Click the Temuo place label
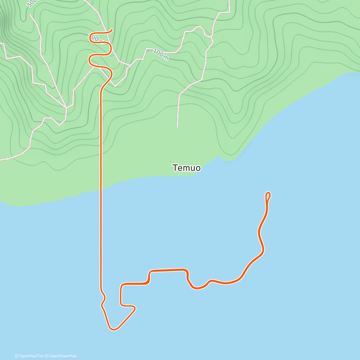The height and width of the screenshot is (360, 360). [186, 168]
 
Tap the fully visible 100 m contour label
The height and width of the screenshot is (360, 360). [161, 54]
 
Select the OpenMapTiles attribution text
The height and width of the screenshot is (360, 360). [29, 356]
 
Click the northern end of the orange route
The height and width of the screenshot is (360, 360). [112, 29]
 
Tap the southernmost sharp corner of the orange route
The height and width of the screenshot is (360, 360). [113, 329]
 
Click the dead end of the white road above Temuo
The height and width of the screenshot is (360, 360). [177, 127]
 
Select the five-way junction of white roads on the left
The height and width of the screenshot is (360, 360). [66, 107]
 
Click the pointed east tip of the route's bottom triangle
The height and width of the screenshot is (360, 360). [135, 308]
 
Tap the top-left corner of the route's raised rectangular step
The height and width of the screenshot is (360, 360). [150, 272]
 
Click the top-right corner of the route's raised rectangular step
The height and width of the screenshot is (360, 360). [187, 270]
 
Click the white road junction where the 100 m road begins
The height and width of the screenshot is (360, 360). [130, 65]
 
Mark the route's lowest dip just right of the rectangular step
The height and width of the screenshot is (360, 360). [197, 289]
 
